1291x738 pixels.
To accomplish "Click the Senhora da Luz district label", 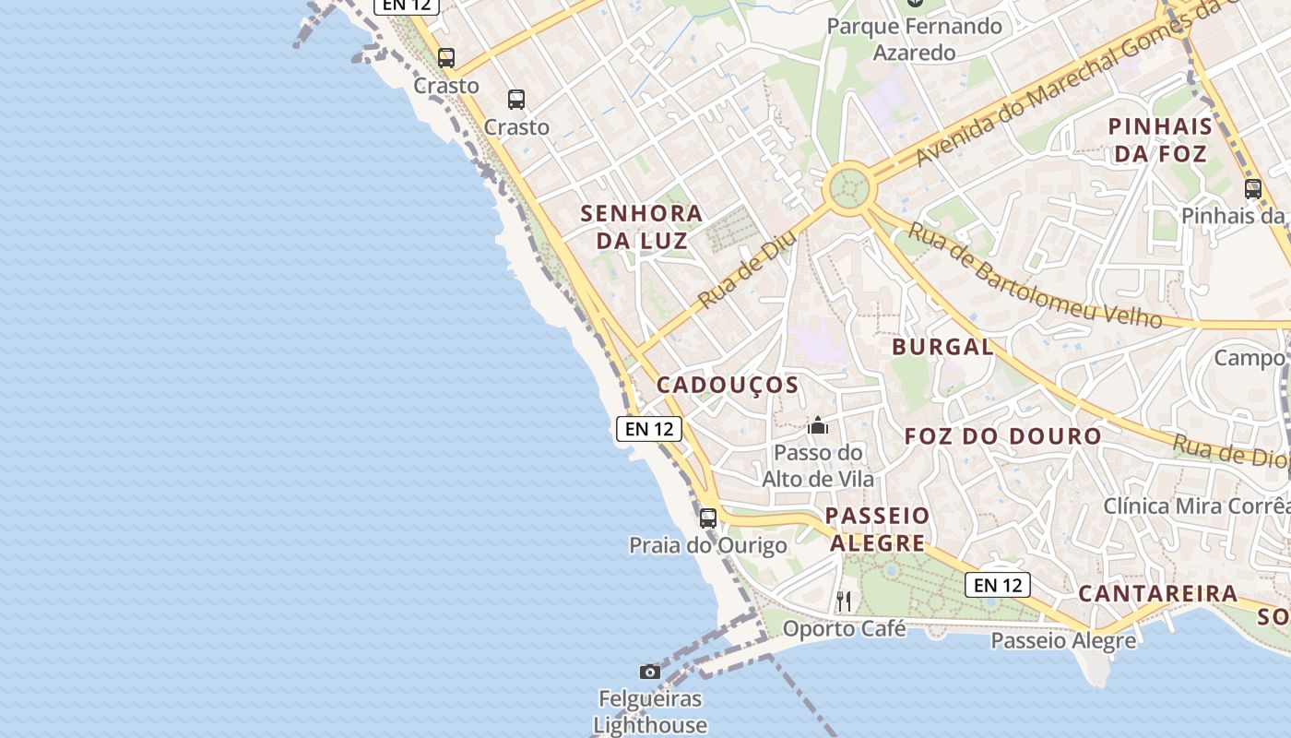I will pos(642,227).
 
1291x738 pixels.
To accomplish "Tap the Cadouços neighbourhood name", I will pos(728,385).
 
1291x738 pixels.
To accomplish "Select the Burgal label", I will pos(942,347).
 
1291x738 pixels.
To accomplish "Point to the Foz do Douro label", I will pos(1002,435).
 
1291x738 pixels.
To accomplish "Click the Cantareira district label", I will pos(1158,593).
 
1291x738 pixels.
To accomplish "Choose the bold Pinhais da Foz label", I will pos(1160,140).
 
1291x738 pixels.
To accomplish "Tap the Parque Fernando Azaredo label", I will pos(914,39).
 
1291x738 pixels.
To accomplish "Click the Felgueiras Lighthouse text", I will pos(650,712).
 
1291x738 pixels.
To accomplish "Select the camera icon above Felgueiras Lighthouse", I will pos(650,672).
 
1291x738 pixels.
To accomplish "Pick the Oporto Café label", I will pos(844,629).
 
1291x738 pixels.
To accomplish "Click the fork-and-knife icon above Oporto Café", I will pos(844,601).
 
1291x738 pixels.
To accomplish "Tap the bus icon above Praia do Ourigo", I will pos(708,518).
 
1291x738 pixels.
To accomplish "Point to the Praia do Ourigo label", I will pos(708,545).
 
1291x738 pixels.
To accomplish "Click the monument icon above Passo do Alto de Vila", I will pos(817,425).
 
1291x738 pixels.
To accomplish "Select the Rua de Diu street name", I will pos(747,269).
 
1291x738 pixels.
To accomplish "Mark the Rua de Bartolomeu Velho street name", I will pos(1034,276).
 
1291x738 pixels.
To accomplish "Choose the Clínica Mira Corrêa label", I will pos(1197,506).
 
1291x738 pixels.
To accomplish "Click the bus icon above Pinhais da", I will pos(1253,189).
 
